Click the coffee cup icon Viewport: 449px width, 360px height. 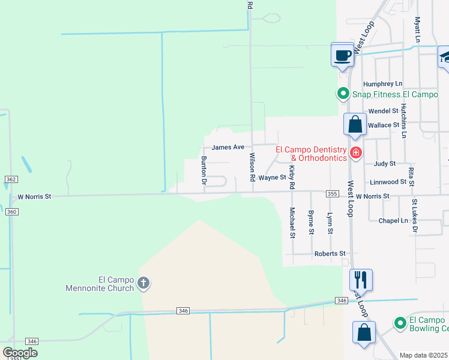coord(343,56)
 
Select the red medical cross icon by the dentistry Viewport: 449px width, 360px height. coord(355,153)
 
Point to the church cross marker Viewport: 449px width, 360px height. coord(143,283)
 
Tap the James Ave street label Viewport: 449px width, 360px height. coord(228,147)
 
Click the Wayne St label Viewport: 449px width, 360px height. coord(272,177)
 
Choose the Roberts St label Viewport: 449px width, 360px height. coord(330,254)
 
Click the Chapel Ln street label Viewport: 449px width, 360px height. coord(393,221)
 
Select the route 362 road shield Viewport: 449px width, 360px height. coord(11,179)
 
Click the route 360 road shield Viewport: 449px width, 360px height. coord(11,211)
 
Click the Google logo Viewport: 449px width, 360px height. coord(20,353)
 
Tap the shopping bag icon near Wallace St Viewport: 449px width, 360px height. coord(355,125)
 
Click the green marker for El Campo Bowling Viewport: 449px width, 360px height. coord(400,323)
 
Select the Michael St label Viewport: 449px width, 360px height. coord(292,222)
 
